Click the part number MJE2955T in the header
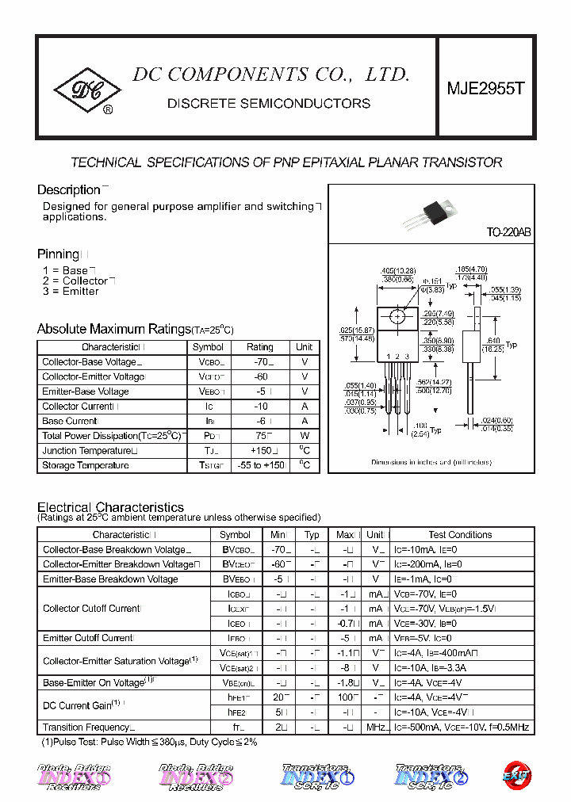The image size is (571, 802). pos(486,89)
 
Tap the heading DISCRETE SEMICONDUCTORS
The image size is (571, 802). pos(269,104)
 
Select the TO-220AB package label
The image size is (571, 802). pos(508,233)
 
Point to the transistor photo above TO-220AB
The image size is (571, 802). pos(432,212)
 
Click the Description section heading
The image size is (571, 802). pos(68,190)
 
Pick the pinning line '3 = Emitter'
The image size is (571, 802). pos(71,292)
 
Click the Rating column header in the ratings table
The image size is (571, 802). pos(259,347)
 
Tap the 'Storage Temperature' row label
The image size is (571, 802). pos(86,466)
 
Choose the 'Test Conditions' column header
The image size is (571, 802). pos(460,535)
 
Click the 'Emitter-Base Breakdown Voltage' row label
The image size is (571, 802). pos(110,579)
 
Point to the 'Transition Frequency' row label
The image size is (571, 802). pos(86,728)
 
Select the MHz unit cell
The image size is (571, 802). pos(376,728)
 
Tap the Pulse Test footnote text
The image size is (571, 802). pos(149,743)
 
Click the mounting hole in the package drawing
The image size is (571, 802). pos(397,318)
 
